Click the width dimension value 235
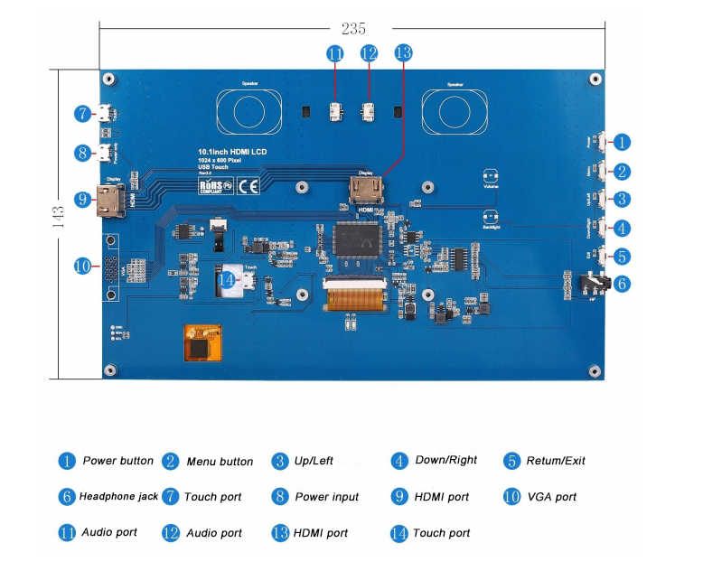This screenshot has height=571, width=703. tap(353, 29)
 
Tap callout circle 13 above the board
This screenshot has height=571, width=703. tap(403, 53)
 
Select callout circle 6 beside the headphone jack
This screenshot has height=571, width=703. tap(622, 283)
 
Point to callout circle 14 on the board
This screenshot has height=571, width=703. tap(227, 281)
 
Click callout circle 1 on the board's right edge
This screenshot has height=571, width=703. tap(622, 142)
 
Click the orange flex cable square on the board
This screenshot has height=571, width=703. tap(201, 344)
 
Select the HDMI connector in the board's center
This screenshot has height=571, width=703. tap(365, 192)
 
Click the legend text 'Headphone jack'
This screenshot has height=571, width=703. tap(118, 497)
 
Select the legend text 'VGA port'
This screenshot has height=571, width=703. tap(552, 497)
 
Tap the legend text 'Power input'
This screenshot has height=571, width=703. tap(326, 497)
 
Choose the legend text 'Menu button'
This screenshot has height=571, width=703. tap(220, 462)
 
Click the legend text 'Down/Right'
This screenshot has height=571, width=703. tap(445, 461)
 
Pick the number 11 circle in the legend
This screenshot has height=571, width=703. tap(66, 533)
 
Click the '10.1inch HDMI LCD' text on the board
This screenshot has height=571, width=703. tap(232, 151)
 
